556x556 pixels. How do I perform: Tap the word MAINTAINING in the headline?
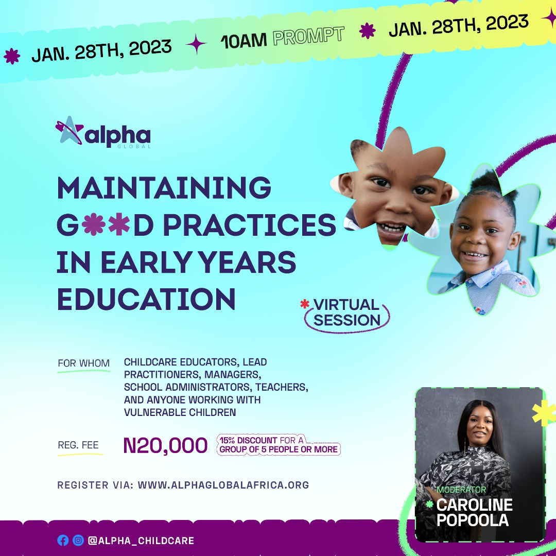pos(164,188)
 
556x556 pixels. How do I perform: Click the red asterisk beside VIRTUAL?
pos(304,304)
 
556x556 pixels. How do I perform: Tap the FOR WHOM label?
pos(83,363)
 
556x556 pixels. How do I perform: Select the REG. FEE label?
pos(79,445)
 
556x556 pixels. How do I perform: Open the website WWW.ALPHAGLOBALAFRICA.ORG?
pos(223,485)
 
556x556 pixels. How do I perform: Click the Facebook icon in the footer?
pos(63,541)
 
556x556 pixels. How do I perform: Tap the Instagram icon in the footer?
pos(78,541)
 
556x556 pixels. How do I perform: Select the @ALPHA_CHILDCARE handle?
pos(141,541)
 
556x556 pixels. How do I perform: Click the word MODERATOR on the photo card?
pos(461,490)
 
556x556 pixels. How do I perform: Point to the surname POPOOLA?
pos(472,519)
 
